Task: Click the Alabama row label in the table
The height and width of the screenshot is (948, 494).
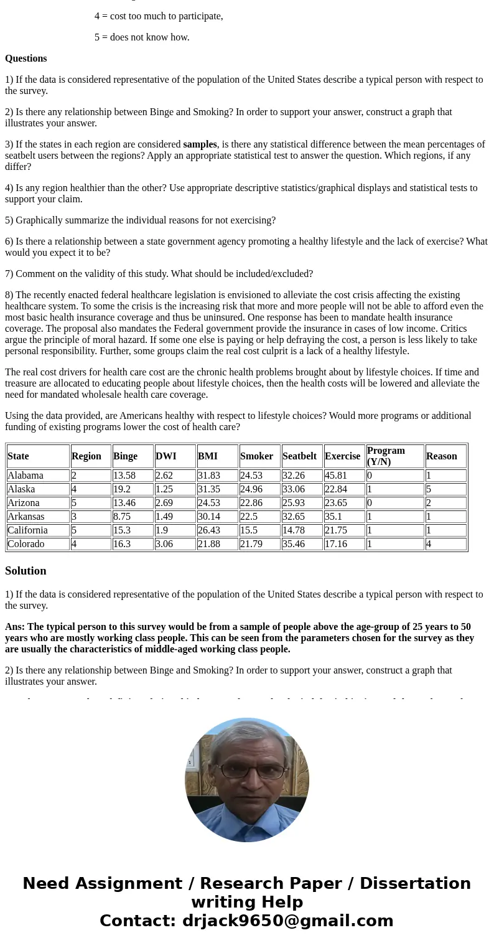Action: [x=26, y=476]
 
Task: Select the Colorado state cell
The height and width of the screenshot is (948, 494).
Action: [x=26, y=544]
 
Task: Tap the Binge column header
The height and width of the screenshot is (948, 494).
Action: [x=126, y=456]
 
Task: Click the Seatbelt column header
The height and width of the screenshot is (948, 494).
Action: [x=299, y=456]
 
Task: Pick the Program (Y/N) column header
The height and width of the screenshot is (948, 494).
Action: [x=386, y=456]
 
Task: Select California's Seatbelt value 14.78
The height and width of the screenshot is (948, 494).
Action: [x=294, y=530]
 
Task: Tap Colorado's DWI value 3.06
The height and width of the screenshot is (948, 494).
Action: [x=164, y=544]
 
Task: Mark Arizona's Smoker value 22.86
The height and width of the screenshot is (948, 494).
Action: [x=251, y=503]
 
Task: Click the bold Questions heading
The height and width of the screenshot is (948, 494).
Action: [x=26, y=59]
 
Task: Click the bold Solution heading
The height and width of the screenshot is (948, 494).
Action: [x=26, y=571]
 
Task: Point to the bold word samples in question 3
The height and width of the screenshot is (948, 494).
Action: [x=200, y=144]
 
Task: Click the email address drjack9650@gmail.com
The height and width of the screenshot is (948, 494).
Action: [x=287, y=921]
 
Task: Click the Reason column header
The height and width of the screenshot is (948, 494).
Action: [x=442, y=456]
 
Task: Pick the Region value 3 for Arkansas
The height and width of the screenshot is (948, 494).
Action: [x=74, y=517]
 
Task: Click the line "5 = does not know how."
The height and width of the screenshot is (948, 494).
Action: [x=142, y=37]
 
